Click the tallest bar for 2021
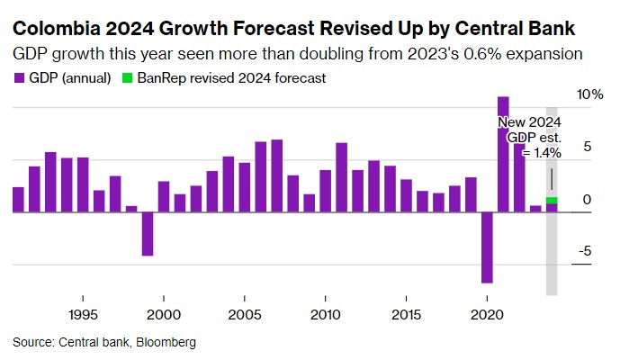click(x=503, y=154)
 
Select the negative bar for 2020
click(x=487, y=247)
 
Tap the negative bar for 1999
click(x=148, y=234)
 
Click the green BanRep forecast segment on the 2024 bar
click(x=552, y=200)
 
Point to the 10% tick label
click(x=590, y=94)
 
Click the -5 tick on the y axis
click(x=586, y=251)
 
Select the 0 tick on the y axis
click(x=587, y=199)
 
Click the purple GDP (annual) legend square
click(x=19, y=78)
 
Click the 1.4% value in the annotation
click(x=546, y=153)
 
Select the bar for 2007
click(x=277, y=176)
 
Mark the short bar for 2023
click(x=535, y=209)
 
